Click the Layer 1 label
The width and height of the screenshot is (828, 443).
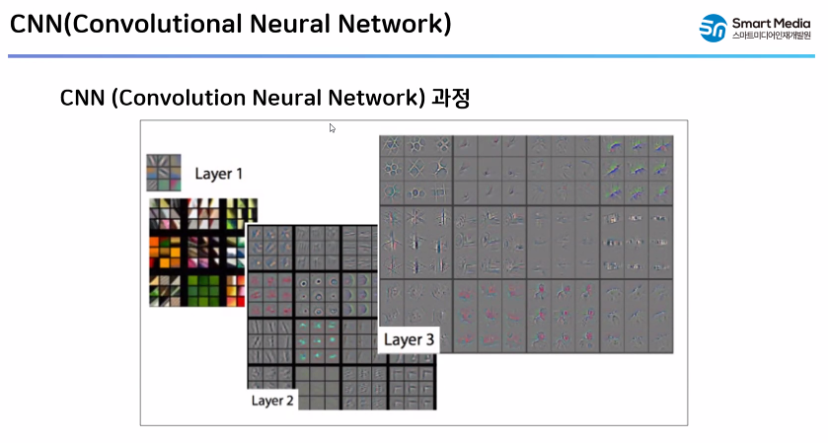tap(218, 175)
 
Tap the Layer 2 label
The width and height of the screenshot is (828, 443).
tap(272, 401)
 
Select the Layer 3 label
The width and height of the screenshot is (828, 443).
tap(409, 340)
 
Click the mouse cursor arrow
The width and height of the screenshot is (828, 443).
tap(333, 127)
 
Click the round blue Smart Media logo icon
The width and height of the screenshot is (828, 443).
tap(713, 28)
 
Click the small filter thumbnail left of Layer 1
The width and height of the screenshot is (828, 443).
tap(164, 173)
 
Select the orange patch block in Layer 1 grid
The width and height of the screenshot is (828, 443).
tap(167, 250)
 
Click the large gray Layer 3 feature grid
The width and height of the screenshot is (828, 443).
tap(526, 242)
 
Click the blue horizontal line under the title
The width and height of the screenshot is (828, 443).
tap(414, 56)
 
